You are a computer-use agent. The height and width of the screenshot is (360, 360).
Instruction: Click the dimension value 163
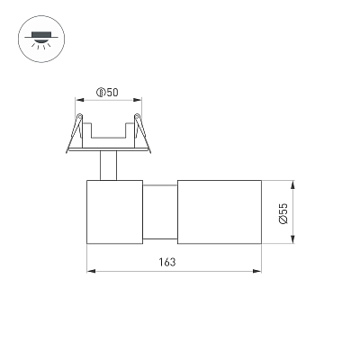coord(167,262)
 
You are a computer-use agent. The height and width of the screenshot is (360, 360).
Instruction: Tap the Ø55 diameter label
coord(283,213)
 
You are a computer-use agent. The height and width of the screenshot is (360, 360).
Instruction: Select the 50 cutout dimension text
coord(112,93)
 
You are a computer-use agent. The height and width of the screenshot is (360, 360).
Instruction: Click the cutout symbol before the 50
coord(101,93)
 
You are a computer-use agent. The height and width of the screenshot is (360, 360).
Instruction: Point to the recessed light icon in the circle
coord(41,39)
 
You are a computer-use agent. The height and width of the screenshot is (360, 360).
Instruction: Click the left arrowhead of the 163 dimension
coord(91,271)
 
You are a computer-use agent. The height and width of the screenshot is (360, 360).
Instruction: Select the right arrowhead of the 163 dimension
coord(257,271)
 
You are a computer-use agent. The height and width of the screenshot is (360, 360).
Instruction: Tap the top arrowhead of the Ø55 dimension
coord(293,184)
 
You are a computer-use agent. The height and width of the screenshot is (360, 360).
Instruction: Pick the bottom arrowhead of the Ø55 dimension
coord(293,239)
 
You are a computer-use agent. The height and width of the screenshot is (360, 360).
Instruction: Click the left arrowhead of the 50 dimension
coord(79,100)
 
